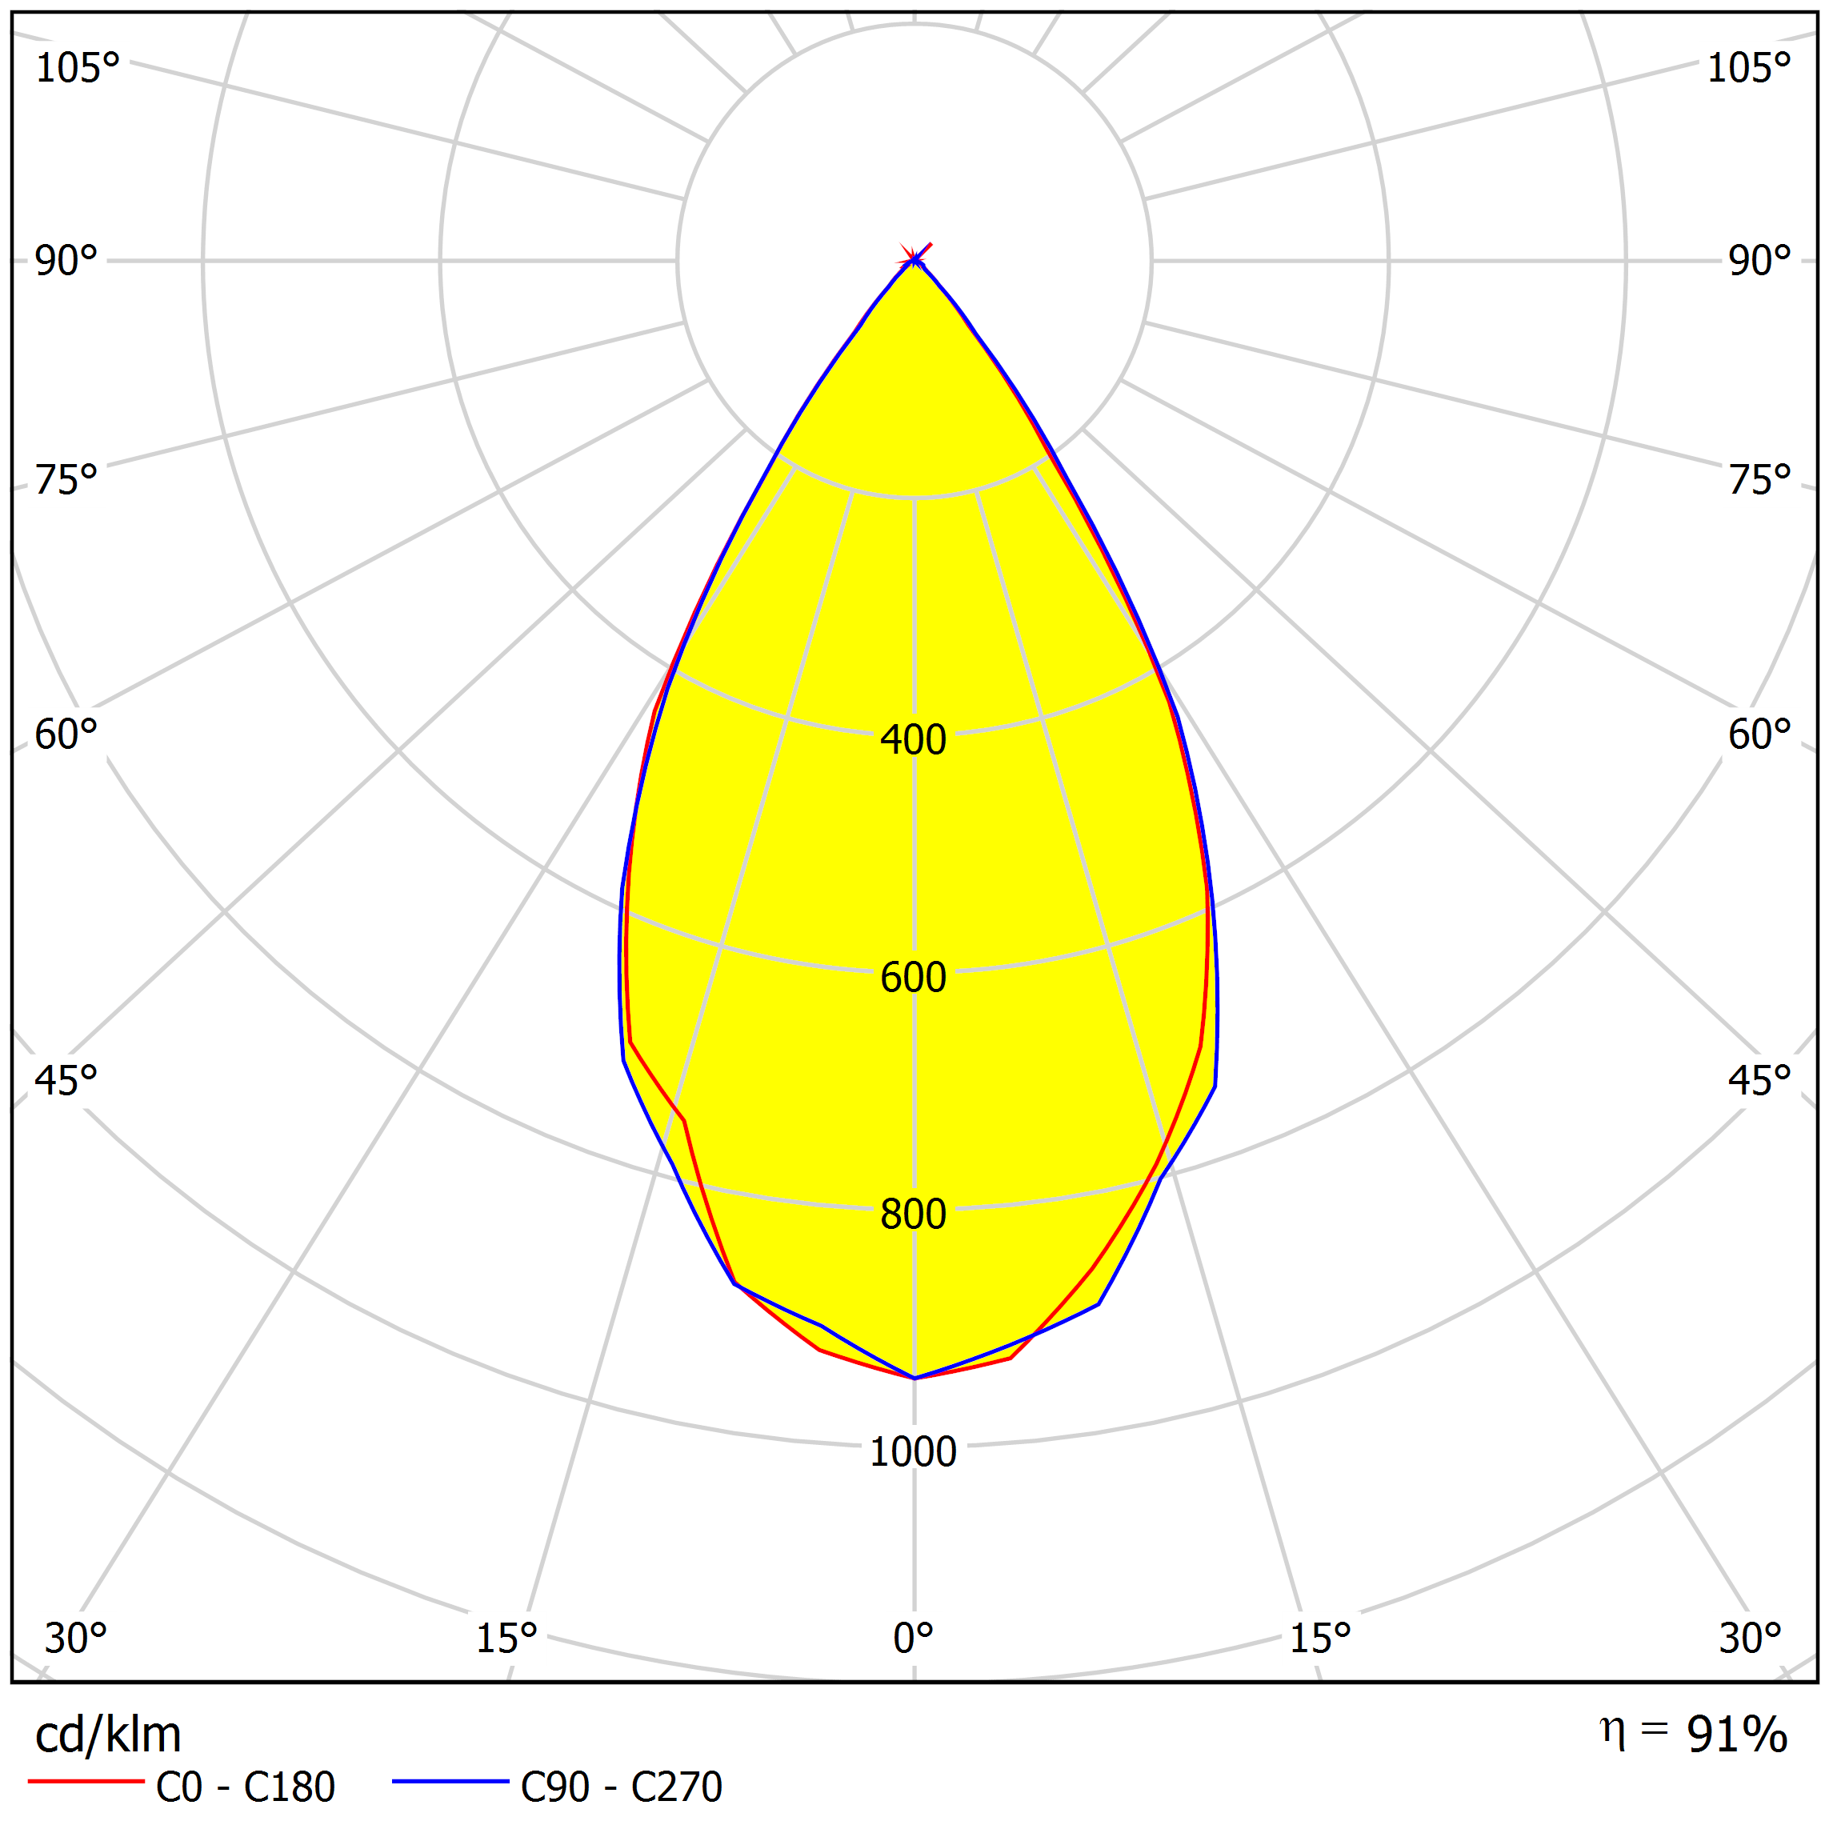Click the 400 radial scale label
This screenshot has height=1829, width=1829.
(913, 739)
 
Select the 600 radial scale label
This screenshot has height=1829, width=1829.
(913, 977)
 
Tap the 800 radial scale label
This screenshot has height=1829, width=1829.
(913, 1215)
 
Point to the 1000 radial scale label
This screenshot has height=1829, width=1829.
(913, 1452)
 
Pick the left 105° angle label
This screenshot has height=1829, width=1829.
(77, 68)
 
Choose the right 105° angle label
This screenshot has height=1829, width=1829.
(1748, 68)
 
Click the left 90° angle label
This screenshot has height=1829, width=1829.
(66, 260)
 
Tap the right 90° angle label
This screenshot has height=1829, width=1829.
(1759, 260)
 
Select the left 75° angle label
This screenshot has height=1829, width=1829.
(66, 480)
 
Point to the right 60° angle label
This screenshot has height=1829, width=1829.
(1759, 734)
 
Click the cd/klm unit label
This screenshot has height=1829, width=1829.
(108, 1735)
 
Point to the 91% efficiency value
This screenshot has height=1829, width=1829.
(1736, 1735)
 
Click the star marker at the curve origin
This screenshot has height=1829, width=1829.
(914, 258)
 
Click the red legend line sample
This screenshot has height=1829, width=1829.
(86, 1782)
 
